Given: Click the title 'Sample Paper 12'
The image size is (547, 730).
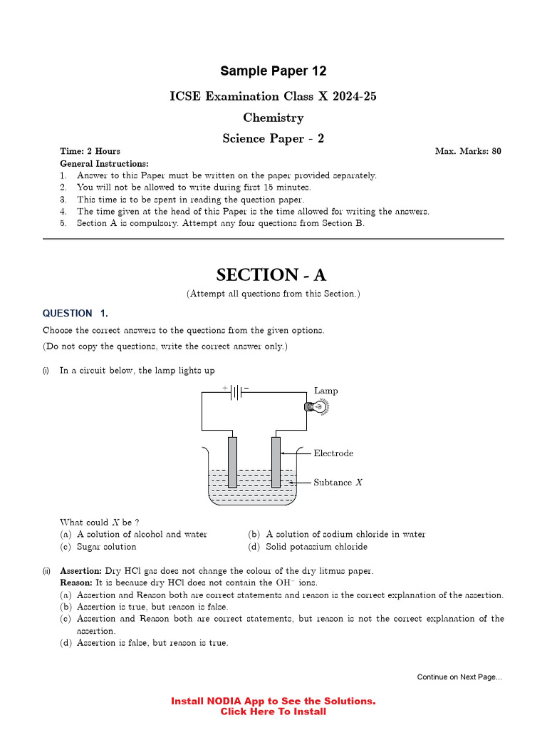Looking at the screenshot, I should [273, 71].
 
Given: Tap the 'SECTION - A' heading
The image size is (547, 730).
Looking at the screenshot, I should [273, 274].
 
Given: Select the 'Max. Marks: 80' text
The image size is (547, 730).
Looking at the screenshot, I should [467, 151].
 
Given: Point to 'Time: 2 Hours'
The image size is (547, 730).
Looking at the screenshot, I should [90, 151].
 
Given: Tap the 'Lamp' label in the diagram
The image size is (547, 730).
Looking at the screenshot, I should [325, 391].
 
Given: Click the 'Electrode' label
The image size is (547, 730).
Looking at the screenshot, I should [333, 453].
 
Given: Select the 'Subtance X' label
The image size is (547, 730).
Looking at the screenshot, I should [338, 483].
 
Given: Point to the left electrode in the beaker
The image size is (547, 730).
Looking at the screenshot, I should [232, 461].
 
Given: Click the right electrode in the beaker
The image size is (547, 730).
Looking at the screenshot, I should [276, 461].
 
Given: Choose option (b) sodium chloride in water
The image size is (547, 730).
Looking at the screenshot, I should [336, 534].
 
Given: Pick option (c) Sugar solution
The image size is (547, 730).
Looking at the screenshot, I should [98, 547].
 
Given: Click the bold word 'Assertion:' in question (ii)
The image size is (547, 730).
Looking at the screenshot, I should [80, 571].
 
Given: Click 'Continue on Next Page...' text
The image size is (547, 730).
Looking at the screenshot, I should [459, 677].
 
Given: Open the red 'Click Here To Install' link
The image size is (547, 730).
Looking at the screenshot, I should [273, 711].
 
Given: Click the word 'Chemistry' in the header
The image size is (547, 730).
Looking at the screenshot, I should [273, 118].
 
